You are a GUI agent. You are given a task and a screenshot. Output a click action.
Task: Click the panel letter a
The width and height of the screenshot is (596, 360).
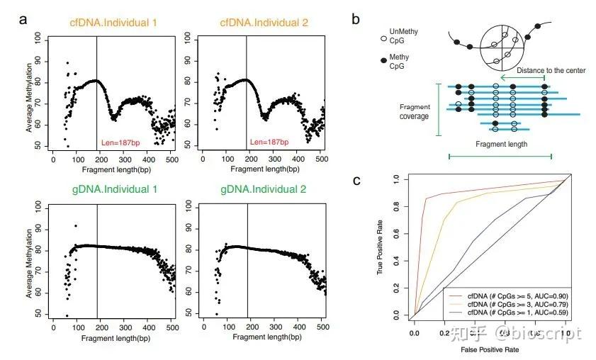pos(23,19)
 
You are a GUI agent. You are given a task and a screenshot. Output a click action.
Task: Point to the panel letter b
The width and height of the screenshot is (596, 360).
pos(356,19)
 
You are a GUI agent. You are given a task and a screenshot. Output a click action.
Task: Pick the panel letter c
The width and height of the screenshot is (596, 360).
pos(356,179)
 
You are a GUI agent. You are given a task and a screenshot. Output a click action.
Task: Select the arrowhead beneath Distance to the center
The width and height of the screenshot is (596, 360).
pos(503,78)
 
